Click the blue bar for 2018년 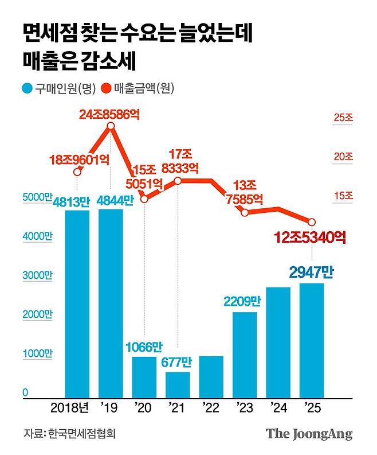(77, 305)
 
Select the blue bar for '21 (178, 385)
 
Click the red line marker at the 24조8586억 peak (110, 128)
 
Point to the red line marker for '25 (312, 222)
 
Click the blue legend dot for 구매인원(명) (27, 88)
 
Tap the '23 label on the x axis (245, 408)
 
